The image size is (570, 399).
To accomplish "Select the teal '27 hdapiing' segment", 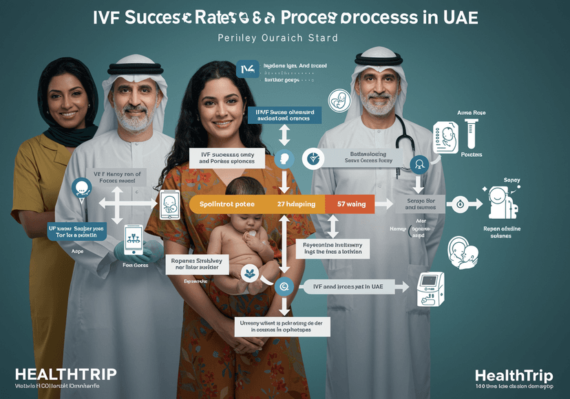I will [x=296, y=204].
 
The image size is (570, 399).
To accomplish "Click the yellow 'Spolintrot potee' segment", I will [x=227, y=204].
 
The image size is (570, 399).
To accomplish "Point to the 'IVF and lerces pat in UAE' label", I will [x=348, y=286].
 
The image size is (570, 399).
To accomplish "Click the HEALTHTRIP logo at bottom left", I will [x=65, y=374].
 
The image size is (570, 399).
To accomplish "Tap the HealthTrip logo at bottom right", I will [x=514, y=376].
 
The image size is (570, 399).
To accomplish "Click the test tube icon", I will [x=472, y=135].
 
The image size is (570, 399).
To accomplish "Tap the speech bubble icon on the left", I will [x=81, y=187].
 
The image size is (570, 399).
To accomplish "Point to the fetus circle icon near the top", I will [x=339, y=101].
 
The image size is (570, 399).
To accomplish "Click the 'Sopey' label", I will [x=511, y=180].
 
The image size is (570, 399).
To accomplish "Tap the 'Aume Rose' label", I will [x=471, y=111].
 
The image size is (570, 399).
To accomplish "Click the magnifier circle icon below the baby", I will [x=283, y=286].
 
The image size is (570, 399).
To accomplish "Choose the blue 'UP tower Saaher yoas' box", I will [x=76, y=231].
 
